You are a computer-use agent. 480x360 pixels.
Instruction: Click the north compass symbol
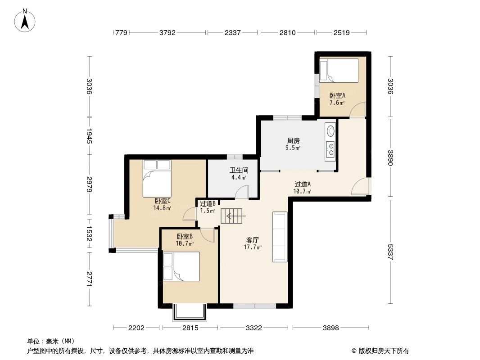pyautogui.click(x=26, y=20)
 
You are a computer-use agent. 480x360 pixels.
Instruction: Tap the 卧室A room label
pyautogui.click(x=337, y=95)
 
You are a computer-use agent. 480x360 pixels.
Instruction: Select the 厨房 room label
pyautogui.click(x=293, y=140)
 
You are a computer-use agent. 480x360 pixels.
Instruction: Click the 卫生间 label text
pyautogui.click(x=239, y=171)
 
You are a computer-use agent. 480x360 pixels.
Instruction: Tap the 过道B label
pyautogui.click(x=208, y=203)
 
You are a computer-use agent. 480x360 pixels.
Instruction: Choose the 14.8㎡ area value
pyautogui.click(x=162, y=208)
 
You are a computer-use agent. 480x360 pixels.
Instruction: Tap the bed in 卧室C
pyautogui.click(x=157, y=178)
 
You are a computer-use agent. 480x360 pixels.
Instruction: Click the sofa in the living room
pyautogui.click(x=280, y=237)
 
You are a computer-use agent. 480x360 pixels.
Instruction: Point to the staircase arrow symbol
pyautogui.click(x=234, y=216)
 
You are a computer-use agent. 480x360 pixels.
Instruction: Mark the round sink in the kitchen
pyautogui.click(x=331, y=131)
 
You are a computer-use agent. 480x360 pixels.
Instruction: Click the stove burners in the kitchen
pyautogui.click(x=331, y=149)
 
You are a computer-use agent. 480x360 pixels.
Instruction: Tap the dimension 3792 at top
pyautogui.click(x=167, y=33)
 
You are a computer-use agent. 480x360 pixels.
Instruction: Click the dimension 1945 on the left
pyautogui.click(x=89, y=136)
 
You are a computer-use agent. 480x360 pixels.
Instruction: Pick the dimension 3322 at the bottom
pyautogui.click(x=254, y=328)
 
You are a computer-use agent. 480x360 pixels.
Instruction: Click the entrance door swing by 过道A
pyautogui.click(x=360, y=187)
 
